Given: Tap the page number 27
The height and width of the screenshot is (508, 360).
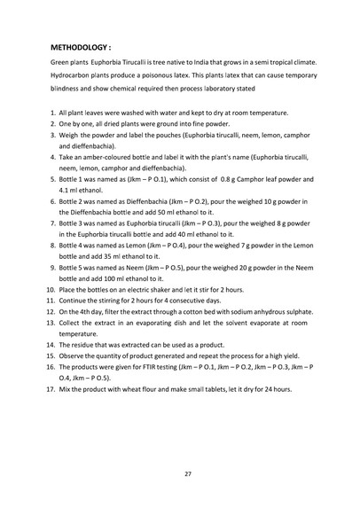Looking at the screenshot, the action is [180, 474].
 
